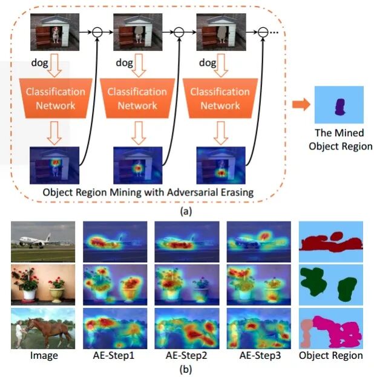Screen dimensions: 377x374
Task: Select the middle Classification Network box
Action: [x=137, y=98]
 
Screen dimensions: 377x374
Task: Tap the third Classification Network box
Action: [x=220, y=98]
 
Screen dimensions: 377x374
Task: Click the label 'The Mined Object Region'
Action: [x=340, y=140]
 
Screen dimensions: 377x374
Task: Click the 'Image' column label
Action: [x=44, y=355]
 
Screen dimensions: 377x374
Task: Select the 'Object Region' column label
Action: [x=330, y=355]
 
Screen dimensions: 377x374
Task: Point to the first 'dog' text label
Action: [x=39, y=62]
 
